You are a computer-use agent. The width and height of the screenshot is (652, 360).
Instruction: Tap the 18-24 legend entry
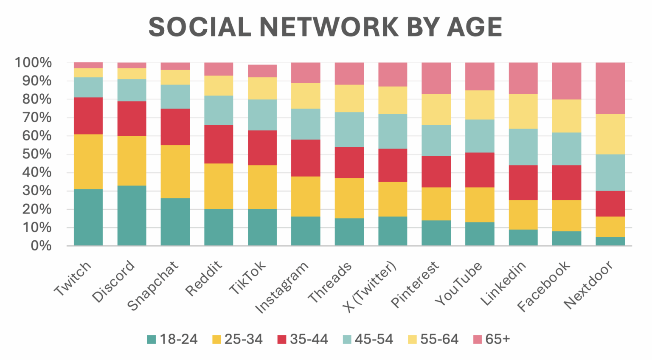pos(172,339)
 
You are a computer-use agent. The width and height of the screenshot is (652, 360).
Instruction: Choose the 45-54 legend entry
pos(368,339)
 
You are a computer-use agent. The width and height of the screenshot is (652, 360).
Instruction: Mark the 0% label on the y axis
pos(41,246)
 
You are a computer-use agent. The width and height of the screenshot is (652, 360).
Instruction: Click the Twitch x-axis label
pos(73,278)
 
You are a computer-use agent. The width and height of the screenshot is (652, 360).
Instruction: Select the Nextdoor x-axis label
pos(588,285)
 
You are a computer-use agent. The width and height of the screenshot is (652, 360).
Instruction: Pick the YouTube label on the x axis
pos(458,283)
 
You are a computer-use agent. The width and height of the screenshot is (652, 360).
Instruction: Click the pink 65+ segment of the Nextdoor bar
pos(610,88)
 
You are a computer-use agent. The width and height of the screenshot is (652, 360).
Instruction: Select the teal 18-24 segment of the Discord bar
pos(132,216)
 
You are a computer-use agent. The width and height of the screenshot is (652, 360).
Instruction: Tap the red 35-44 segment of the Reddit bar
pos(219,144)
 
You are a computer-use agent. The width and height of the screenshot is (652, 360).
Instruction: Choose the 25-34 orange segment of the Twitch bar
pos(88,162)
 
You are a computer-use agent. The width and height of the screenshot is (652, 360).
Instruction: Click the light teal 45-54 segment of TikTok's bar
pos(262,115)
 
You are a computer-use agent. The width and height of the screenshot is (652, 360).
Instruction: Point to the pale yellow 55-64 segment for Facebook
pos(567,116)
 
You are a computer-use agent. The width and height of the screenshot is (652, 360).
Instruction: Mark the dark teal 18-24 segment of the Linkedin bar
pos(523,237)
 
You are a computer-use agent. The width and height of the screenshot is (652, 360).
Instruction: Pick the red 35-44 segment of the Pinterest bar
pos(436,172)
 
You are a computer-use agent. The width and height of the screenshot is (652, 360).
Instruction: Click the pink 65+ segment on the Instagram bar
pos(306,73)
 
